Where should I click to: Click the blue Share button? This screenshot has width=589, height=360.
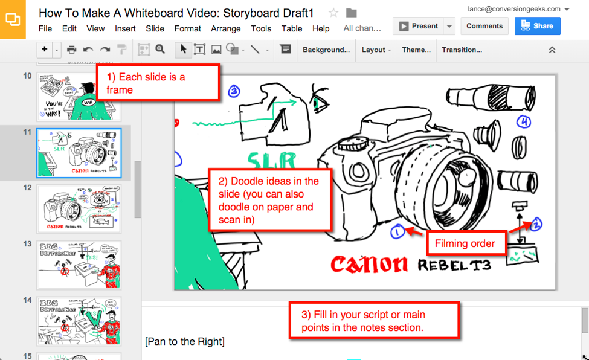537,26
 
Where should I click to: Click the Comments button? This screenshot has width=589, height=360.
484,26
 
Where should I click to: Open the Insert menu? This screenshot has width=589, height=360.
125,28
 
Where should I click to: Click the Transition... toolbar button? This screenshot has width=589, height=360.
462,50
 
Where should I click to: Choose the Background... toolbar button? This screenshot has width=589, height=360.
326,50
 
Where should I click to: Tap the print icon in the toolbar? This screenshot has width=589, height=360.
71,50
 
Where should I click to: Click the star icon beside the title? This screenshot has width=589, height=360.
333,13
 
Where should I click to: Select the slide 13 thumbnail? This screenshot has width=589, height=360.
79,265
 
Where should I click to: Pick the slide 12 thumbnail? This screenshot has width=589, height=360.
79,208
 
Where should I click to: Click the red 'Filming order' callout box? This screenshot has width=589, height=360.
465,244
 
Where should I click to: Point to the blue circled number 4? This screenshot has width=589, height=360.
524,123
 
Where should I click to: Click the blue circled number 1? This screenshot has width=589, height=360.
397,231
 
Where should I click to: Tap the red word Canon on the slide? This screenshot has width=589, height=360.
369,264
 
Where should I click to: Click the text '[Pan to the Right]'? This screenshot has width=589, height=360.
185,342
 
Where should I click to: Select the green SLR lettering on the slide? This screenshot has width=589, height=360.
272,161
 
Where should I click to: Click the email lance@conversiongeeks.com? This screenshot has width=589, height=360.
514,9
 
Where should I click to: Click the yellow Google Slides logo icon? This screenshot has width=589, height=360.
13,19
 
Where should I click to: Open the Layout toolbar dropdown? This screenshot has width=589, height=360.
376,50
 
